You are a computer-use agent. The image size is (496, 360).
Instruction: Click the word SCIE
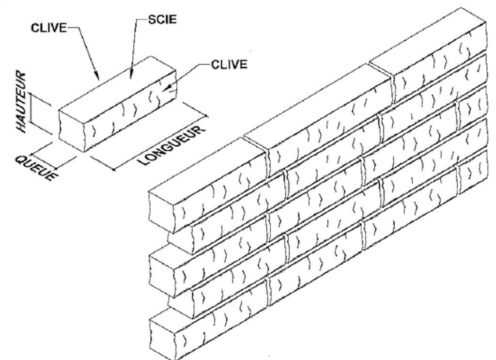[x=162, y=19]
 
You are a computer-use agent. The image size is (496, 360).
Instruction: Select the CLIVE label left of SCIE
[x=49, y=28]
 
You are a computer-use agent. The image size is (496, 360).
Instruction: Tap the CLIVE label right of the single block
[x=229, y=64]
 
